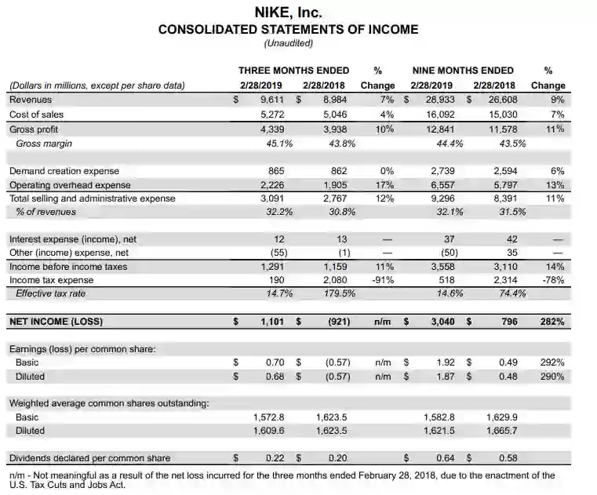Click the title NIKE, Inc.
coord(288,13)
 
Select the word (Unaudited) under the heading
coord(288,43)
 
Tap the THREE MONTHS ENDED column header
coord(293,71)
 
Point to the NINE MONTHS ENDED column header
coord(463,71)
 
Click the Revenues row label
coord(31,100)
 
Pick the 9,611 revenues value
coord(275,100)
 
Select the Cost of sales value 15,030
coord(500,115)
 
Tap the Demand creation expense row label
coord(64,171)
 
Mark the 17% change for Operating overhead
coord(384,185)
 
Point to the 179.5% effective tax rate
coord(339,293)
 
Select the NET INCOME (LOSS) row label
coord(56,321)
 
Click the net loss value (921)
coord(338,321)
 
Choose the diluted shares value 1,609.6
coord(270,431)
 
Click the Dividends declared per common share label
coord(89,458)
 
